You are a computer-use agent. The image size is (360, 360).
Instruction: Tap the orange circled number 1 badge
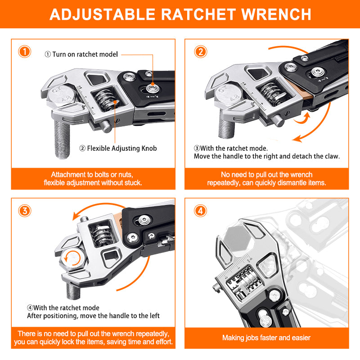[25, 51]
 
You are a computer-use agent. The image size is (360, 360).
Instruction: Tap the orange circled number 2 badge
[201, 51]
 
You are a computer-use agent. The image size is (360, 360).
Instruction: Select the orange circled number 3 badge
[25, 211]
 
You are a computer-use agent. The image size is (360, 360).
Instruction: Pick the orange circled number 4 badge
[201, 211]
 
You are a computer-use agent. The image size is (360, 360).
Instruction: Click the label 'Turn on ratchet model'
[81, 54]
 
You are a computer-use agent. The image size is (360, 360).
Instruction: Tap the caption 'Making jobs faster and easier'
[266, 337]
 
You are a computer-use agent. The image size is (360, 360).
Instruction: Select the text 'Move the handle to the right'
[234, 157]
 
